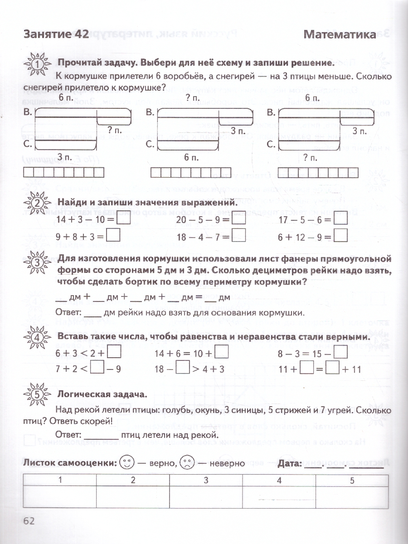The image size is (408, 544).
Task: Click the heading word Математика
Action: click(340, 34)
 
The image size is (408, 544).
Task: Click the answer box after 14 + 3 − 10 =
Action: click(123, 220)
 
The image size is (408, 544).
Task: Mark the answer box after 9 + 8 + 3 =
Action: click(113, 236)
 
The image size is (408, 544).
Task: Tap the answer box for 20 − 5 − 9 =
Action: click(239, 220)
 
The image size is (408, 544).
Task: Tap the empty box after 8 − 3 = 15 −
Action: click(340, 353)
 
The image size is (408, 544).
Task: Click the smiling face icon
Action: click(127, 463)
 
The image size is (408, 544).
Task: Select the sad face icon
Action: click(186, 463)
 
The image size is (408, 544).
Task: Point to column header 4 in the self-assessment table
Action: click(279, 481)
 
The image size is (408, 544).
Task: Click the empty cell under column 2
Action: click(132, 498)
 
